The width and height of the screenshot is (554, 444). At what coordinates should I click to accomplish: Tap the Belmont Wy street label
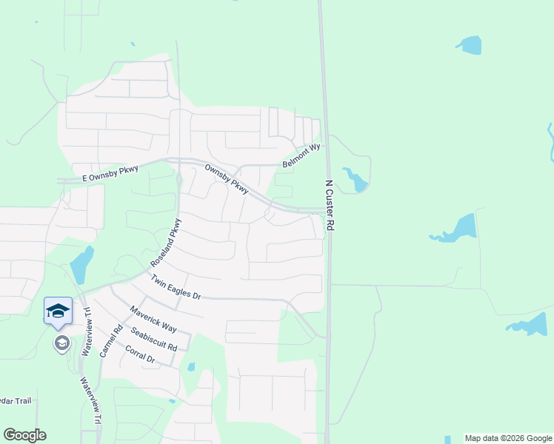coord(301,157)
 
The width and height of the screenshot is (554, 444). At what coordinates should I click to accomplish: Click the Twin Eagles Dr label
coord(176,286)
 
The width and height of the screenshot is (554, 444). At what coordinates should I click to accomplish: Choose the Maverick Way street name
coord(153,318)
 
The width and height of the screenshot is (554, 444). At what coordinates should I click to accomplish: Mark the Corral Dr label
coord(139,354)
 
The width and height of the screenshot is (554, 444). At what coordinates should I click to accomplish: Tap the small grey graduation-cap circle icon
coord(61,343)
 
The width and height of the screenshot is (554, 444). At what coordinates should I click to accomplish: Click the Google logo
coord(24,435)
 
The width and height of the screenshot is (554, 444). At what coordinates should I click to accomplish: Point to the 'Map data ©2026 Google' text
coord(509,438)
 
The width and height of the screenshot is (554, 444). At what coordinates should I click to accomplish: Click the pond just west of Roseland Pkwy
coord(81,263)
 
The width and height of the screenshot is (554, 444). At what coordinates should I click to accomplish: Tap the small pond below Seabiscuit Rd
coord(191,366)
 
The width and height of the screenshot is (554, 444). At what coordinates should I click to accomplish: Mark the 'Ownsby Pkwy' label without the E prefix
coord(226,179)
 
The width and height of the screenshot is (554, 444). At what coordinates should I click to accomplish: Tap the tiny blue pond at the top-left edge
coord(36,22)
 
